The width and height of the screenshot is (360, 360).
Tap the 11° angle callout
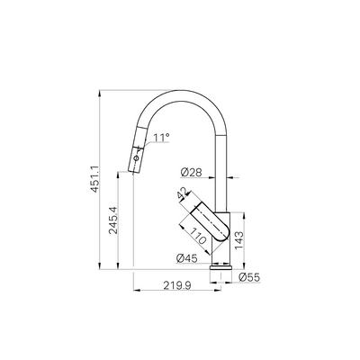click(x=162, y=138)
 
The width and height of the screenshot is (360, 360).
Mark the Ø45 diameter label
click(x=187, y=259)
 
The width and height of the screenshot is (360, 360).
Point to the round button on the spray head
click(x=135, y=158)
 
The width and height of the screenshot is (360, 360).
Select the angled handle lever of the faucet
click(x=202, y=219)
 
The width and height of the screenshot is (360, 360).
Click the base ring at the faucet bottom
click(x=221, y=266)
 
